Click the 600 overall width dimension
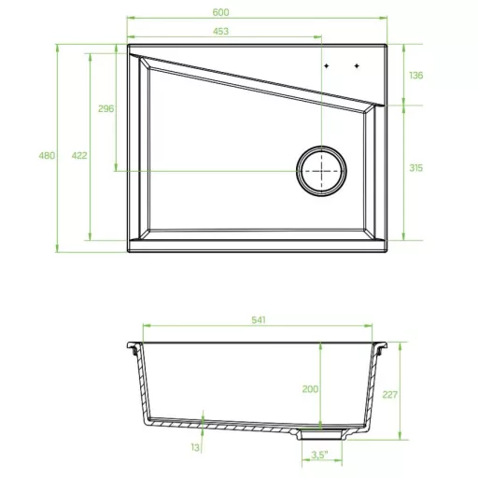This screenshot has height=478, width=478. coord(220,12)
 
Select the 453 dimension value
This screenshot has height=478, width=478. coord(220,31)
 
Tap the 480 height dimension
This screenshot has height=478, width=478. coord(47,155)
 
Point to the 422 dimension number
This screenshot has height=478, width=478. coord(79,155)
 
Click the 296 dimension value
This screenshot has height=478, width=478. coord(105,108)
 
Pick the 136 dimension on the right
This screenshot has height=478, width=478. coord(416,76)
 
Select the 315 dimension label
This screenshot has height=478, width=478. coord(416,168)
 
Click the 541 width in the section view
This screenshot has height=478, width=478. coord(259,320)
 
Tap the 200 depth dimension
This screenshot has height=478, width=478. coord(310,389)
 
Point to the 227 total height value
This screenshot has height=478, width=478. coord(390,395)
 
